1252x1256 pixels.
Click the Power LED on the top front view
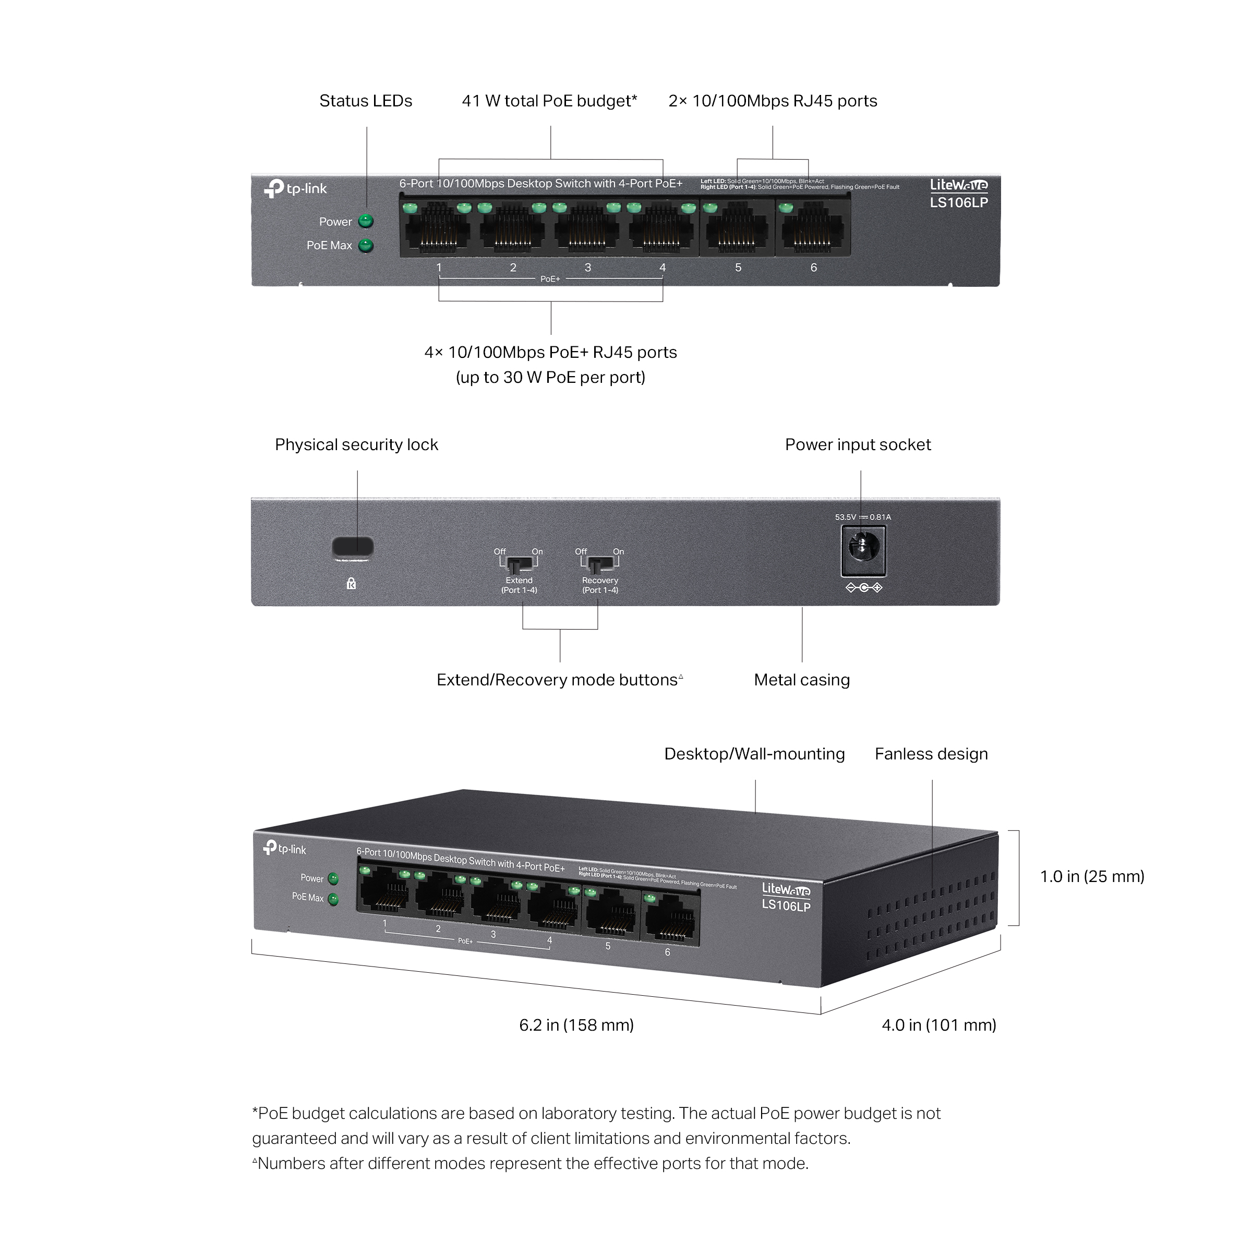367,222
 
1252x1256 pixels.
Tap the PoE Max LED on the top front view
367,246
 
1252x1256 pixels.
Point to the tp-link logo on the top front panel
296,188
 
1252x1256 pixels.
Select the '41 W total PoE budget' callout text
550,101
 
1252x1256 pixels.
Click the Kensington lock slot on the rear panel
354,547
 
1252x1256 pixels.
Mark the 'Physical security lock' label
357,445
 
